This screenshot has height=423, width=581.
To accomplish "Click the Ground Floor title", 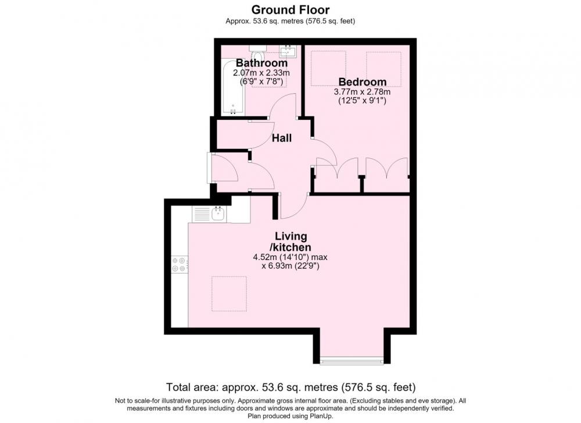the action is pyautogui.click(x=290, y=10).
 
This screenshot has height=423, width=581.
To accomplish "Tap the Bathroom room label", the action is pyautogui.click(x=261, y=63).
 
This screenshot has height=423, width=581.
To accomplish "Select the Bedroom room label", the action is pyautogui.click(x=363, y=81).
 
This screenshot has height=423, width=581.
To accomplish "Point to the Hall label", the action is pyautogui.click(x=282, y=138).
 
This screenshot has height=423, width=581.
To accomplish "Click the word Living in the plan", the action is pyautogui.click(x=291, y=236).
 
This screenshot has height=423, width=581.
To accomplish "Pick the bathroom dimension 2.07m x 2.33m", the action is pyautogui.click(x=261, y=73).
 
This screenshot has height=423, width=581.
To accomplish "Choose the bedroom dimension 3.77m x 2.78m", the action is pyautogui.click(x=363, y=92).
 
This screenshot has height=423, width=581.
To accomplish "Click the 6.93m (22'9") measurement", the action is pyautogui.click(x=290, y=266).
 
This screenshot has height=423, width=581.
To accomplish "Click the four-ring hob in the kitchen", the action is pyautogui.click(x=180, y=265).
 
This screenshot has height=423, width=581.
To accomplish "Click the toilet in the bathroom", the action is pyautogui.click(x=256, y=53).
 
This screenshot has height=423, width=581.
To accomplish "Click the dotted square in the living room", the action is pyautogui.click(x=229, y=293).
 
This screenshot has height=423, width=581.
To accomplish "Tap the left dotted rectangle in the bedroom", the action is pyautogui.click(x=329, y=69).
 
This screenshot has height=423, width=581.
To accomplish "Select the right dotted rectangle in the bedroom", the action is pyautogui.click(x=383, y=69).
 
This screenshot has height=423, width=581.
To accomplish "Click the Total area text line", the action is pyautogui.click(x=291, y=388).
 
